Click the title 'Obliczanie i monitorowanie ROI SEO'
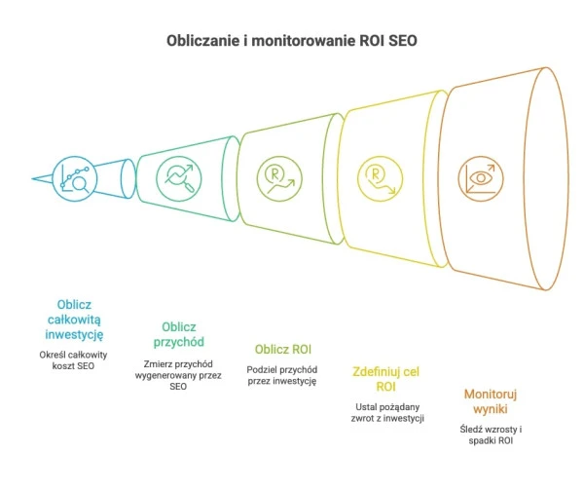click(x=291, y=43)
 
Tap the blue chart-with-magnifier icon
click(x=75, y=177)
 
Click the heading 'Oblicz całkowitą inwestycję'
click(x=74, y=319)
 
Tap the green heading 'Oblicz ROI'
click(x=281, y=348)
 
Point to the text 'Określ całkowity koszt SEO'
click(x=74, y=359)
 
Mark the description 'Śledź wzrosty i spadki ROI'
click(x=492, y=434)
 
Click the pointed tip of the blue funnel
click(x=34, y=178)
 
